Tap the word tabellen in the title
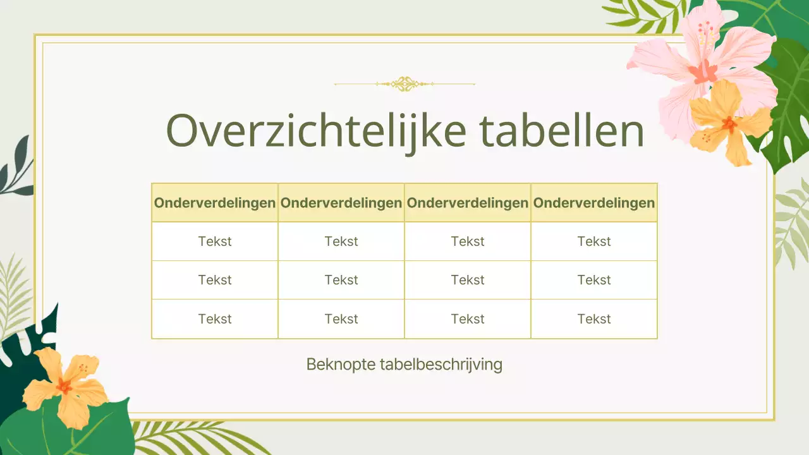click(564, 131)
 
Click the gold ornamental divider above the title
click(404, 83)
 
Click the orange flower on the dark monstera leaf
click(63, 385)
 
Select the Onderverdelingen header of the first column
click(215, 203)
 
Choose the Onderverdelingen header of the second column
click(341, 203)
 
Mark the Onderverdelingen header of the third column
click(468, 203)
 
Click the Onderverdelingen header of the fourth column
click(594, 203)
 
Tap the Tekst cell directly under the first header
click(215, 241)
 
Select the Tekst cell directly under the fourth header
click(594, 241)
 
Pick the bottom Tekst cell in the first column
click(215, 319)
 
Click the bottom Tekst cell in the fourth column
click(594, 319)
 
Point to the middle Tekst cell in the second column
click(341, 280)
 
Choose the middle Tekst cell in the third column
click(468, 280)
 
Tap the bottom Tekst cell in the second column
click(341, 319)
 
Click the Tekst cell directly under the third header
click(468, 241)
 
